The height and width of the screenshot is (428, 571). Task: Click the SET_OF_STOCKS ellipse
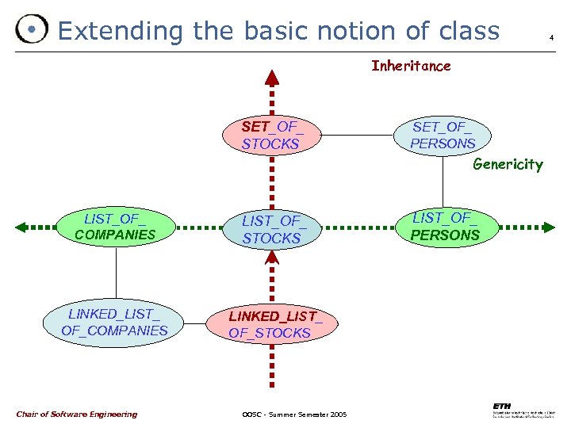(x=271, y=135)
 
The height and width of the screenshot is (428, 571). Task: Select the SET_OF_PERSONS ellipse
(x=443, y=135)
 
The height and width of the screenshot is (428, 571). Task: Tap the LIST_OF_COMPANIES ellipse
(x=116, y=227)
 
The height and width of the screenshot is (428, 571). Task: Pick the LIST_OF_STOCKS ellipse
(x=271, y=228)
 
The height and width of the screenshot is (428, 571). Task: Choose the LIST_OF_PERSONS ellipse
(x=445, y=226)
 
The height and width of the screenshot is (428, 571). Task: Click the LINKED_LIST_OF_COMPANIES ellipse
(x=115, y=322)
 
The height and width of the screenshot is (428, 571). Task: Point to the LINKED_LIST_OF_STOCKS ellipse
(x=270, y=324)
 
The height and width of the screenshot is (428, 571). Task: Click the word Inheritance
(x=411, y=67)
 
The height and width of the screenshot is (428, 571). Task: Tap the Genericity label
(x=508, y=165)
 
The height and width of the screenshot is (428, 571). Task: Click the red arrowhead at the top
(x=271, y=77)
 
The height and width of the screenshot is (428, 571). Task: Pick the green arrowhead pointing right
(x=547, y=227)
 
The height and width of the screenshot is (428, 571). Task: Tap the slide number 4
(x=550, y=37)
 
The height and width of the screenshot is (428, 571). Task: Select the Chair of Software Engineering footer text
(x=76, y=414)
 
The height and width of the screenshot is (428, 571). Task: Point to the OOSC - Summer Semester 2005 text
(x=293, y=415)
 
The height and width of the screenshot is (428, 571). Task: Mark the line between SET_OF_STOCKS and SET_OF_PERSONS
(x=358, y=135)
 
